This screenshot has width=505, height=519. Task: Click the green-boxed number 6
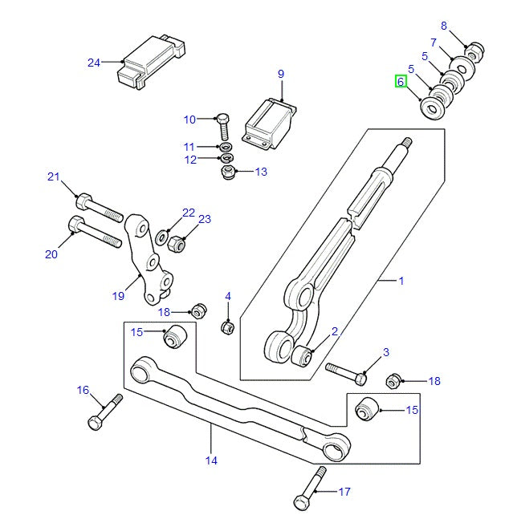(401, 81)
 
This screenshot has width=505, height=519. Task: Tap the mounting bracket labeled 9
(270, 123)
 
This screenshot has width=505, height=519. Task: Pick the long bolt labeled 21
(100, 207)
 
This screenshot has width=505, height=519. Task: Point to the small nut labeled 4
(227, 326)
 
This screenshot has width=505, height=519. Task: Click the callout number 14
(211, 460)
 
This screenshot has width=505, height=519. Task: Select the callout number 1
(401, 281)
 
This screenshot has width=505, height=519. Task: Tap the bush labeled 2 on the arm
(303, 355)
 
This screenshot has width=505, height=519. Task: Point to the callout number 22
(188, 213)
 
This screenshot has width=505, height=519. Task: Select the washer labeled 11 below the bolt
(226, 148)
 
